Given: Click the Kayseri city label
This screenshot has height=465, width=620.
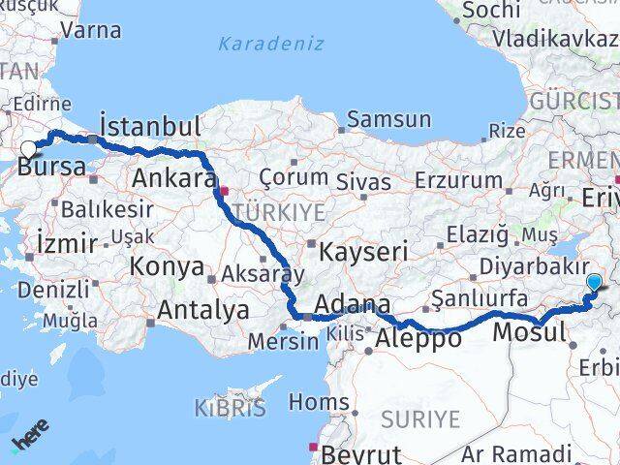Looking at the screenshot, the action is (363, 251).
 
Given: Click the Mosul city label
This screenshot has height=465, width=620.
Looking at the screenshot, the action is (529, 333).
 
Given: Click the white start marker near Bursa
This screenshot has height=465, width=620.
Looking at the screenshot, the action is (28, 149).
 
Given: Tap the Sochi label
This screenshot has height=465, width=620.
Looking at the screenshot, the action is (493, 11).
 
